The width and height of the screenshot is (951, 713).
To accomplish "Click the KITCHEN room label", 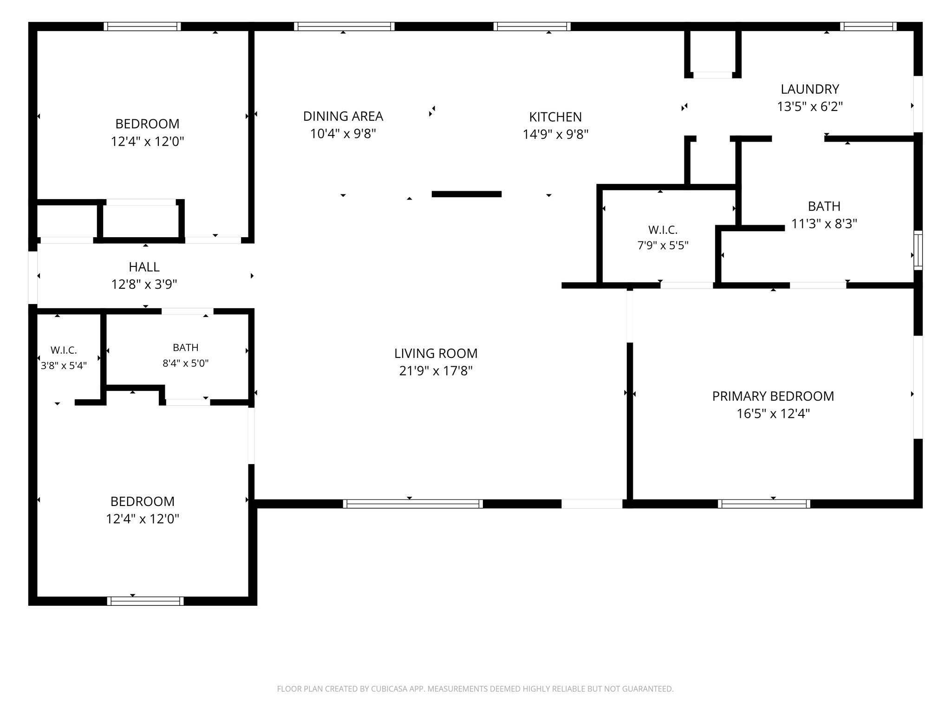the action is tap(555, 117).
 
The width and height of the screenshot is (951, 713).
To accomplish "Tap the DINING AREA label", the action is tap(343, 116).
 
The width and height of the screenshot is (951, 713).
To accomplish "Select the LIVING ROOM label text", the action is tap(436, 353).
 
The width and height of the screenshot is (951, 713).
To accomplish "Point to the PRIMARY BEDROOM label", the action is tap(773, 396).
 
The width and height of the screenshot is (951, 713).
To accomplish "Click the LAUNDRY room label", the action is tap(810, 89).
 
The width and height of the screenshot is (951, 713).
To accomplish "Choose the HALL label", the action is tap(144, 267).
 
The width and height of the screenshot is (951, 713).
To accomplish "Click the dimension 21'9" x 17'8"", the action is tap(436, 371).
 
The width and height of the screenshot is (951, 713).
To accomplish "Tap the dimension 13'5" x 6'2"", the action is tap(810, 106).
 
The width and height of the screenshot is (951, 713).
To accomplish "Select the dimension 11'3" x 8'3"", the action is tap(824, 224).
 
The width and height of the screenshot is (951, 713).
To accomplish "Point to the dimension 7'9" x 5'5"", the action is tap(663, 245).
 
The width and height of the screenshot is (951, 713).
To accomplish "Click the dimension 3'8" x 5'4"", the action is tap(64, 365).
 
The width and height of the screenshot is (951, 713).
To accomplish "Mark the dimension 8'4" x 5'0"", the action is tap(185, 363).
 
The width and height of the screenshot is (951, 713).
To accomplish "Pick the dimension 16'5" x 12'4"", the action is tap(773, 414).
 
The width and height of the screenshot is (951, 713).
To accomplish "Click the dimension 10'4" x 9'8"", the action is tap(343, 134).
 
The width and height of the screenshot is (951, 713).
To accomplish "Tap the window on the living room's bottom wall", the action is tap(413, 504).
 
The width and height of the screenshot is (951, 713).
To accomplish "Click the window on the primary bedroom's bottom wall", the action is tap(764, 504).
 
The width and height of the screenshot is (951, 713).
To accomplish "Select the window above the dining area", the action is tap(344, 26).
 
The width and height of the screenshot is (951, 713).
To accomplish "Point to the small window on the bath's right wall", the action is tap(918, 250).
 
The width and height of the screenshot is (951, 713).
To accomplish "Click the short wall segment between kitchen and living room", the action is tap(467, 194).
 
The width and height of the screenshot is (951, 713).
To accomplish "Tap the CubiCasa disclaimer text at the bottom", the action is tap(475, 689).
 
